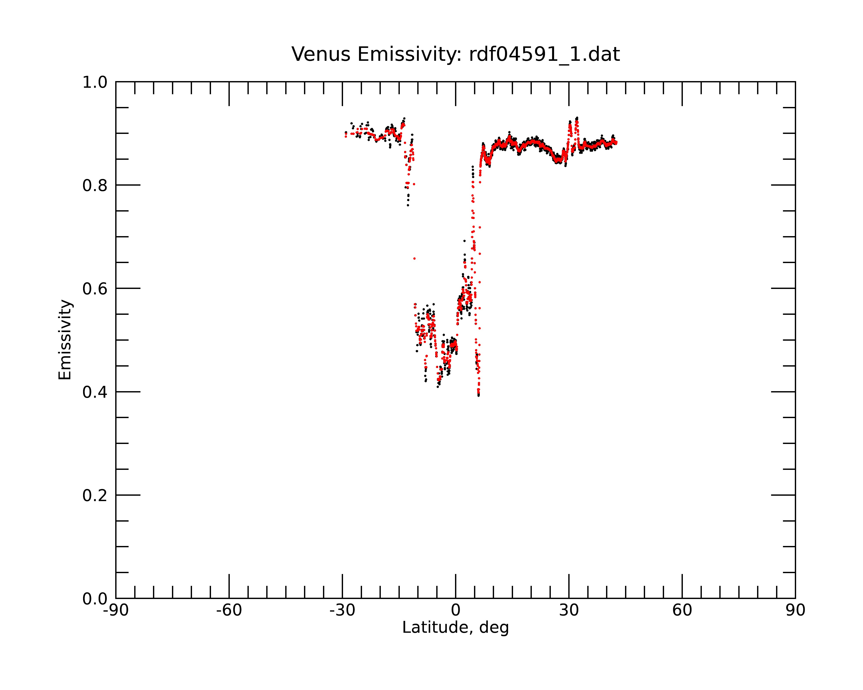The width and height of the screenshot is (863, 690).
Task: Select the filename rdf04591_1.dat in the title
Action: pos(544,54)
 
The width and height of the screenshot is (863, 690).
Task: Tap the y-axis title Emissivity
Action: pos(65,340)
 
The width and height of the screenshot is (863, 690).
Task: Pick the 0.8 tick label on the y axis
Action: pos(95,186)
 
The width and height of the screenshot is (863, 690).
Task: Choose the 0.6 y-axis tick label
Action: pos(95,289)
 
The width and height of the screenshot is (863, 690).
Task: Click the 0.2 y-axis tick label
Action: pos(95,496)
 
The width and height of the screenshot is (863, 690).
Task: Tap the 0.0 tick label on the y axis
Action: pos(95,599)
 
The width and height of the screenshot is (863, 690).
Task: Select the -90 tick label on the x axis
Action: pos(116,610)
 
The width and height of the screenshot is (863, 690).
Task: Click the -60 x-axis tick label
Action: pos(229,610)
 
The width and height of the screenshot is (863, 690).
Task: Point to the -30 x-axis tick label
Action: pos(342,610)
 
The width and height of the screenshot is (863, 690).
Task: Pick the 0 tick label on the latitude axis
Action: pos(455,610)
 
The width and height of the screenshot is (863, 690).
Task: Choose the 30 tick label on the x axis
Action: pos(569,610)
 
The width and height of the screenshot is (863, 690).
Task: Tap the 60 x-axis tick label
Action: pos(682,610)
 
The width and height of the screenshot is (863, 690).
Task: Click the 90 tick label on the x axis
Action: pos(795,610)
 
